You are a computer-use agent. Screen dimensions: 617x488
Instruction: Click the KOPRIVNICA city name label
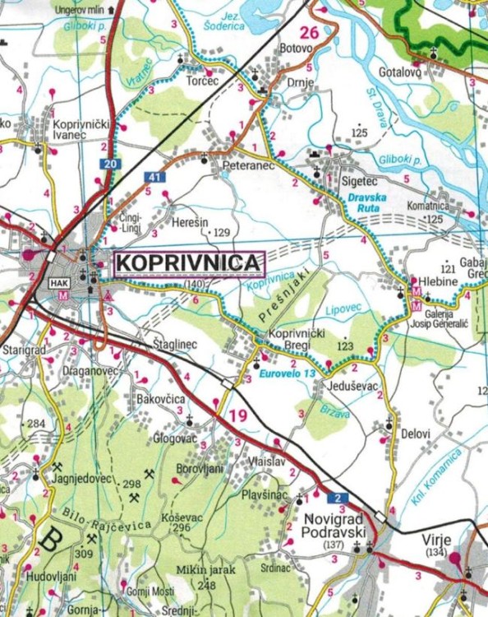[188, 262]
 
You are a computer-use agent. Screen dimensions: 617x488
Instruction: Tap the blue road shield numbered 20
[110, 165]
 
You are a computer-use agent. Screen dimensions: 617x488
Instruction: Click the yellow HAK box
[59, 284]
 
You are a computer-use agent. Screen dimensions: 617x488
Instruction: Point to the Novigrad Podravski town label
[334, 527]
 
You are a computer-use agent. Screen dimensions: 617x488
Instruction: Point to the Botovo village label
[297, 49]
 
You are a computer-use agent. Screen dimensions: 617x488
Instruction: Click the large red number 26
[308, 33]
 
